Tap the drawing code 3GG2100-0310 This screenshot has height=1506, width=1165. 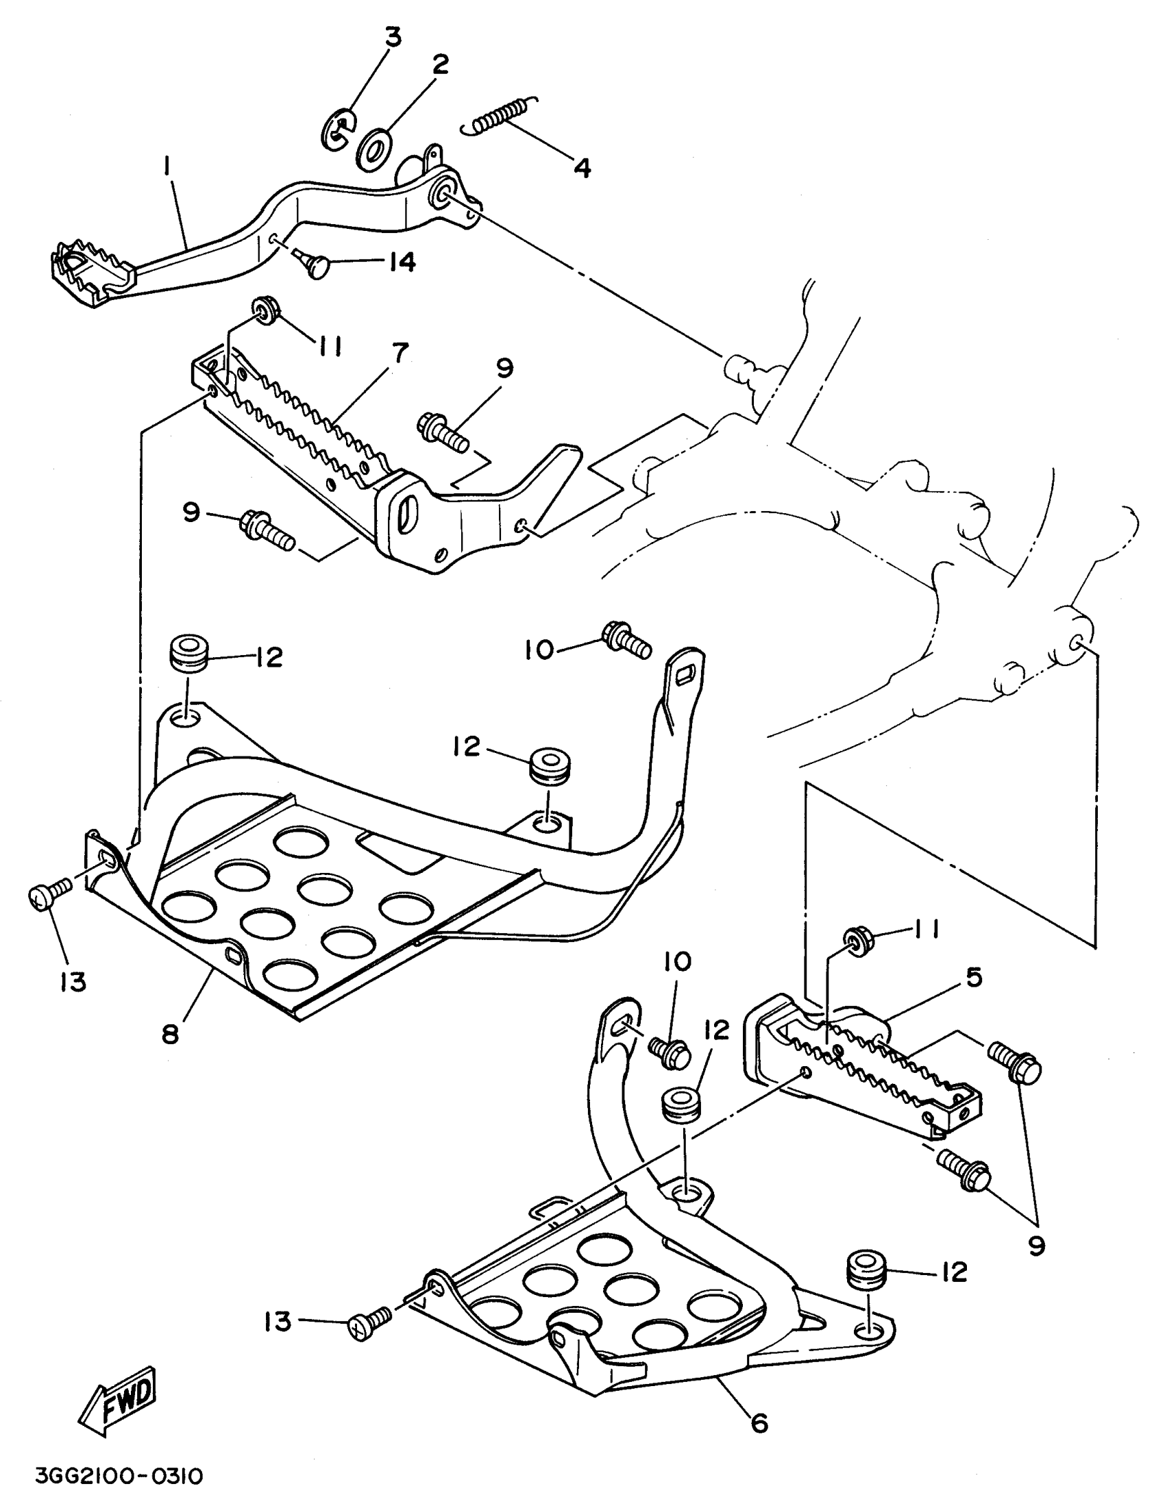point(119,1477)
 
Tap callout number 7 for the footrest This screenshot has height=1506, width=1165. point(400,353)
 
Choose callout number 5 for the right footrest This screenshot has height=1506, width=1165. point(973,977)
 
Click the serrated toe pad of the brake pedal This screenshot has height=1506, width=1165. point(91,271)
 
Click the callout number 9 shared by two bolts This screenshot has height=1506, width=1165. point(1035,1246)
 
